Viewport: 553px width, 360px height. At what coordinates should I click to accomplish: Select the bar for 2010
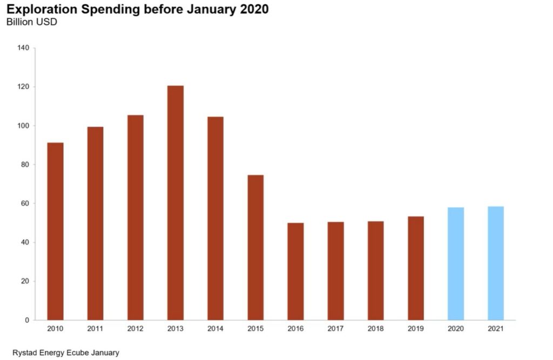pos(56,231)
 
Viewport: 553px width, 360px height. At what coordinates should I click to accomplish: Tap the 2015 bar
pos(255,247)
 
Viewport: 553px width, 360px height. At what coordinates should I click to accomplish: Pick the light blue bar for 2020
pos(456,263)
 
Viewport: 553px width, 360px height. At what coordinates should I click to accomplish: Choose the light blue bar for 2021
pos(496,263)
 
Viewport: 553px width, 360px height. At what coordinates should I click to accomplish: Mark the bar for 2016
pos(295,271)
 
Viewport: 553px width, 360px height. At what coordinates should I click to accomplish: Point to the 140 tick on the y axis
pos(23,48)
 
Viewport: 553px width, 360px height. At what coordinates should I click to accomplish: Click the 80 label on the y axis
pos(25,165)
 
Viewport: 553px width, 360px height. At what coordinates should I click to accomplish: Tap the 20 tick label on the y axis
pos(25,281)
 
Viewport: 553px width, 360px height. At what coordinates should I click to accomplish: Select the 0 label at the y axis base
pos(27,320)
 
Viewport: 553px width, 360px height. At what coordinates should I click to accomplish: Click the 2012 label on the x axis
pos(136,328)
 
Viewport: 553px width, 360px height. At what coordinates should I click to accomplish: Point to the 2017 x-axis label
pos(335,328)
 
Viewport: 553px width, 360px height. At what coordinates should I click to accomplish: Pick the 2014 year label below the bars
pos(215,328)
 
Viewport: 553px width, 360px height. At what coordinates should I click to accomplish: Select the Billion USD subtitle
pos(31,22)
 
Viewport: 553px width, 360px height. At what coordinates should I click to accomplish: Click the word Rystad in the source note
pos(24,352)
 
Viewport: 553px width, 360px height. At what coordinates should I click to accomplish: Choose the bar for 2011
pos(96,223)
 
